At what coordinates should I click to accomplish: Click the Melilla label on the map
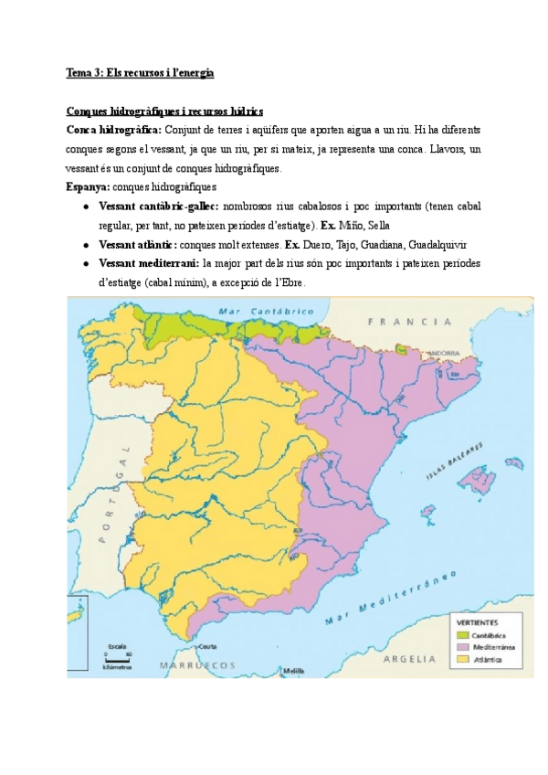293,671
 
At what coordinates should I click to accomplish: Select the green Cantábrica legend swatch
463,635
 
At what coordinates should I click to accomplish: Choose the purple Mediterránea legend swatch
463,646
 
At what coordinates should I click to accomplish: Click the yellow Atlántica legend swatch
463,657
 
